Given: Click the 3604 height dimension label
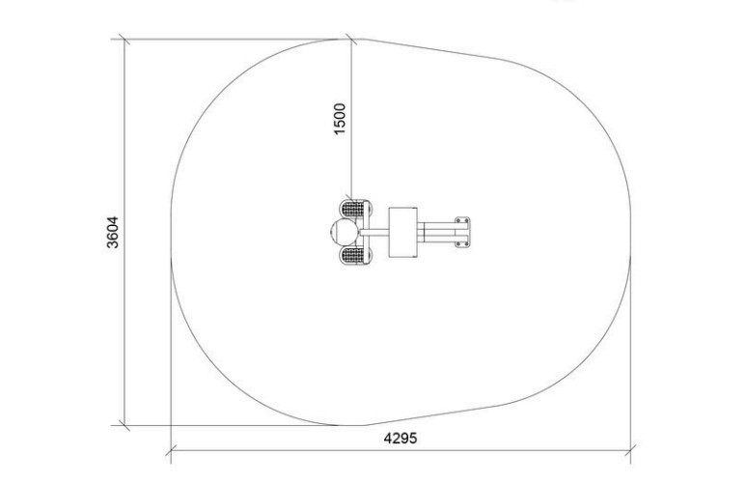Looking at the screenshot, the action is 112,232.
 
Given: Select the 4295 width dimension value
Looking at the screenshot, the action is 401,438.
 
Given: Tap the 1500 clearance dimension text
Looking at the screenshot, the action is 340,119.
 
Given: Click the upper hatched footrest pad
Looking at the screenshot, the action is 355,209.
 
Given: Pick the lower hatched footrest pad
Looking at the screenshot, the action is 355,255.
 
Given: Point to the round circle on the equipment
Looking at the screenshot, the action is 345,232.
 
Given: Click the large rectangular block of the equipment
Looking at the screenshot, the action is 403,232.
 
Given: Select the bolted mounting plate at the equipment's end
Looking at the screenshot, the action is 462,232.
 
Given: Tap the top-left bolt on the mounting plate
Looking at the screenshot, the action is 458,221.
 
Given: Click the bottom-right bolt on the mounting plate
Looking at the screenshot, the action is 466,244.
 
